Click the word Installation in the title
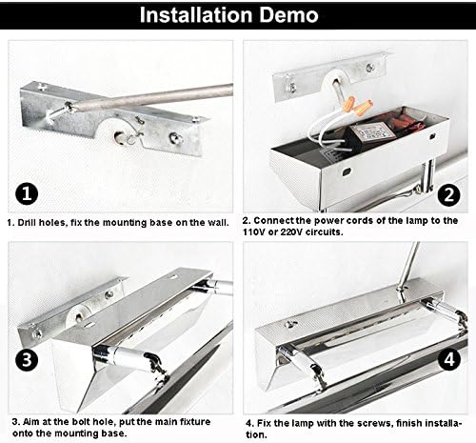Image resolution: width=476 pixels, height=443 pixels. click(196, 15)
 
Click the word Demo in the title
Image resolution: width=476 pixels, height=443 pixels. click(288, 15)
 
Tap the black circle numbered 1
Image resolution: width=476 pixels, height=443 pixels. click(27, 193)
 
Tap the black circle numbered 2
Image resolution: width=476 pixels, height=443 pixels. click(448, 194)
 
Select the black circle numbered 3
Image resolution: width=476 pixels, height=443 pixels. click(27, 360)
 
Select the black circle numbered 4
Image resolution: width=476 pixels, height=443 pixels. click(449, 360)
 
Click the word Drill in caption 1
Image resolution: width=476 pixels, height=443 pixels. click(25, 223)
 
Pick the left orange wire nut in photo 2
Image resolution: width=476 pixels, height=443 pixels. click(349, 103)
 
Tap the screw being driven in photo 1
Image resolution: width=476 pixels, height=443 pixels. click(59, 113)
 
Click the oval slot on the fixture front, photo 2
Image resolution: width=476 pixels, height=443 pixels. click(347, 171)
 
